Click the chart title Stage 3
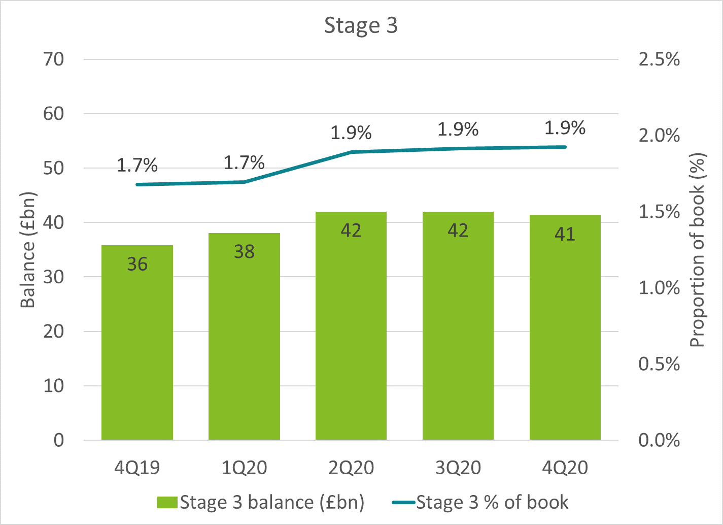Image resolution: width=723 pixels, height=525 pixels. (x=361, y=25)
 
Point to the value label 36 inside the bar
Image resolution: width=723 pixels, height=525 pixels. (x=137, y=264)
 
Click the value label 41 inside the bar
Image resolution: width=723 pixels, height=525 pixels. (x=565, y=234)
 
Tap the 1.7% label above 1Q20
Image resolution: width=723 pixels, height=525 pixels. (x=244, y=162)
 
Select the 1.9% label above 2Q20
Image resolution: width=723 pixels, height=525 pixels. (x=351, y=133)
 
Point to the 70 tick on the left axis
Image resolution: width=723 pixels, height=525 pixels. (x=54, y=59)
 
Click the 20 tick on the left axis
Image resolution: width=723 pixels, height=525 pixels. (x=54, y=332)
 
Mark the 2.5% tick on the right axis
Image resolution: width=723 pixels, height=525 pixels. (x=659, y=59)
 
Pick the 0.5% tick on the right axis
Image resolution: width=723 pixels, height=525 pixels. (x=659, y=364)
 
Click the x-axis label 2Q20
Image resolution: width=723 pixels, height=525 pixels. (x=351, y=468)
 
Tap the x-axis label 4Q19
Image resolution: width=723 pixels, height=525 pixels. (x=137, y=468)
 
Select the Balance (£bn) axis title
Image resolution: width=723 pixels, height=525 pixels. (x=28, y=250)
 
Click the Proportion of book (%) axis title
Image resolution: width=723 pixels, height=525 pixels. (x=698, y=250)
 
